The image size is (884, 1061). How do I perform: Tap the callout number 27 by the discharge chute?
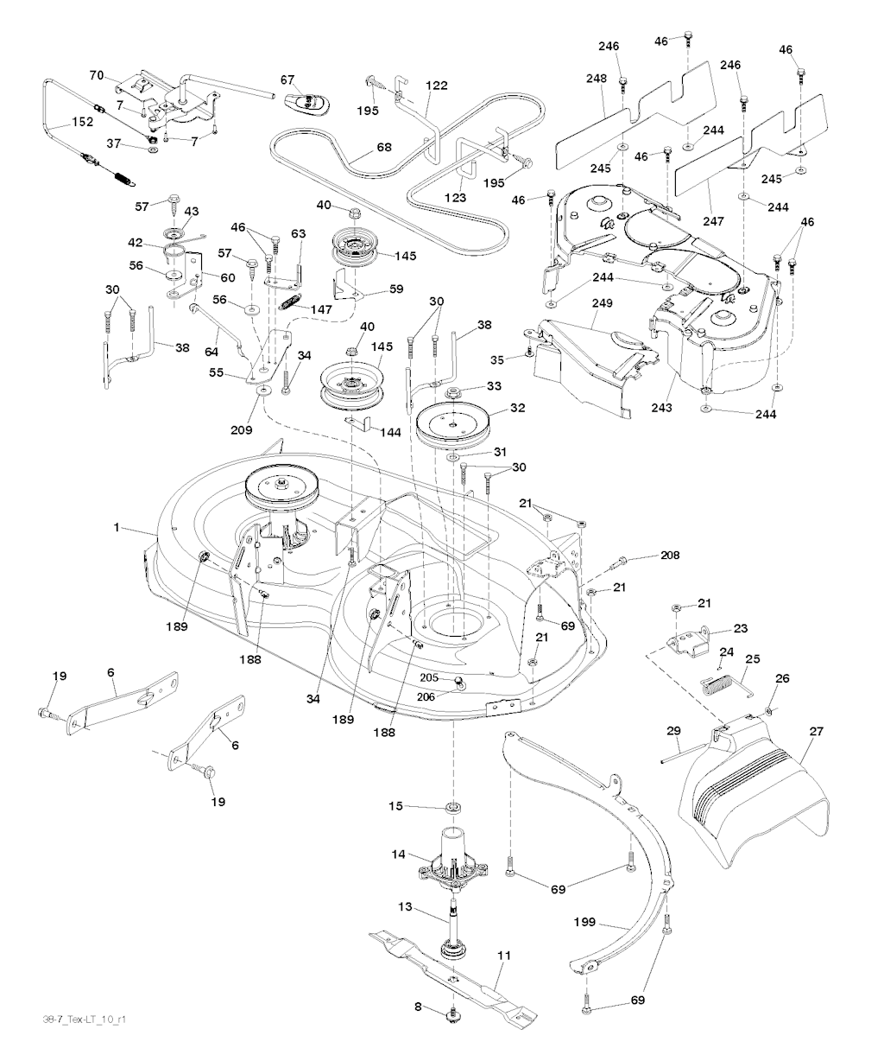(816, 732)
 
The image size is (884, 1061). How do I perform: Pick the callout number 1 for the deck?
(116, 527)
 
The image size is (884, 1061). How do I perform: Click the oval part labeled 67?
(306, 102)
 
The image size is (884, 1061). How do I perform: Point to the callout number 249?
(602, 304)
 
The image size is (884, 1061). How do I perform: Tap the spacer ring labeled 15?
(452, 807)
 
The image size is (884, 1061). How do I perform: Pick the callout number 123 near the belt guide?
(456, 198)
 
